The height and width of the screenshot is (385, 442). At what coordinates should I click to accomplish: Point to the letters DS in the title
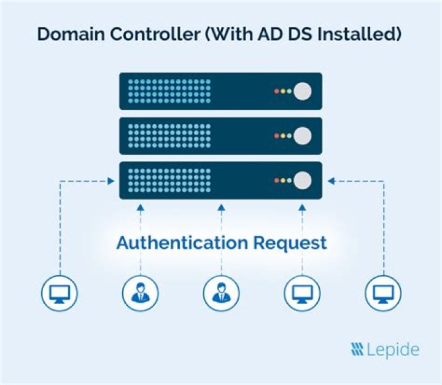coord(292,34)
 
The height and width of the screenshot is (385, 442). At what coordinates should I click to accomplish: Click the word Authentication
coord(182,243)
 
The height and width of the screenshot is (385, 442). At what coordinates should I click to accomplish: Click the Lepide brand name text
coord(393,350)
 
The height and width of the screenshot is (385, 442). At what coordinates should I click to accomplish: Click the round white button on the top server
coord(302,91)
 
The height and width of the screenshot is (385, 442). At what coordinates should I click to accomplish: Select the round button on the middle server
coord(302,136)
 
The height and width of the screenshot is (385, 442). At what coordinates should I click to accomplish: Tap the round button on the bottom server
coord(302,180)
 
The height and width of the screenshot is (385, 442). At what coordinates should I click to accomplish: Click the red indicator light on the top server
coord(276,91)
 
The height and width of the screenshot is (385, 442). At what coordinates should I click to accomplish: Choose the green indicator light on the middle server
coord(289,136)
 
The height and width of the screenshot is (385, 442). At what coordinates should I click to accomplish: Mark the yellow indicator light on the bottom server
coord(282,180)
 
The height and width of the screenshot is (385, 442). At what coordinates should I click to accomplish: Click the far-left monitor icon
coord(60,292)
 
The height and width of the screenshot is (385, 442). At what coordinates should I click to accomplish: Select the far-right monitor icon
coord(383,292)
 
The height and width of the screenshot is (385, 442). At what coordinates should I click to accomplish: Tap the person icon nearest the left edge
coord(140,292)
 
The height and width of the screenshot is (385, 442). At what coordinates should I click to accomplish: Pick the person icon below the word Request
coord(221,292)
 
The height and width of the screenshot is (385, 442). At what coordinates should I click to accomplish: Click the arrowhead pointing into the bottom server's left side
coord(111,181)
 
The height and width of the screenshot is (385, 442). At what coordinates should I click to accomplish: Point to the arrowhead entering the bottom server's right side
coord(331,181)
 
